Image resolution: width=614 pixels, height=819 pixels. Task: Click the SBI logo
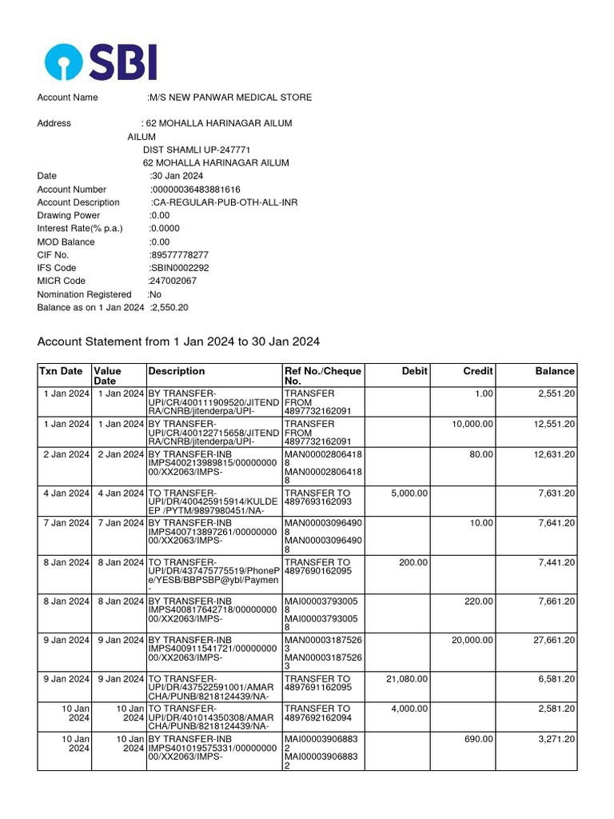tap(101, 62)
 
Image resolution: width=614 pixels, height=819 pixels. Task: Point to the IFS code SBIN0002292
tap(179, 268)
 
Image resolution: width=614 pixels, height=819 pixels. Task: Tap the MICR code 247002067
tap(173, 281)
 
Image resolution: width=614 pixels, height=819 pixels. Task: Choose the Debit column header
tap(415, 371)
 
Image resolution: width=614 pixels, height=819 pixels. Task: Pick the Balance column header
tap(555, 371)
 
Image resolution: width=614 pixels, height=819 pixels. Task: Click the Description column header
tap(177, 371)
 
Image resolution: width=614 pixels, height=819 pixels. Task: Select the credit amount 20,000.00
tap(472, 640)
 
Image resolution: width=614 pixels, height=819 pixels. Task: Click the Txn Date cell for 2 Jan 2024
tap(66, 454)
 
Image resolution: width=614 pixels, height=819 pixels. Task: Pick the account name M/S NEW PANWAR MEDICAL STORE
tap(230, 98)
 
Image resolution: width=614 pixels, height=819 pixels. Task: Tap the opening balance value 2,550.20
tap(169, 307)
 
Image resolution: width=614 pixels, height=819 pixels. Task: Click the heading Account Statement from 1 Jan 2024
tap(178, 342)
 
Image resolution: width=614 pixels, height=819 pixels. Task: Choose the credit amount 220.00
tap(479, 601)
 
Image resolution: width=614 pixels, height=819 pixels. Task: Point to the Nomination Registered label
tap(84, 294)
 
